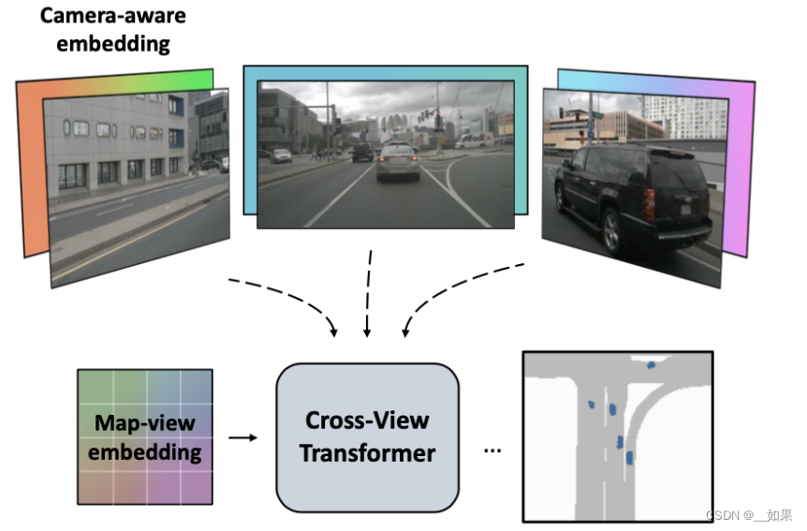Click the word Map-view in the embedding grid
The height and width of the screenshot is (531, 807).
pos(145,422)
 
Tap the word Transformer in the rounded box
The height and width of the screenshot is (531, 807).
pos(367,453)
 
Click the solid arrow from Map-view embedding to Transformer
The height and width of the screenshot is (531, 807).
pos(243,436)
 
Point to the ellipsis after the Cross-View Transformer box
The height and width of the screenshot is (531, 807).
pos(492,450)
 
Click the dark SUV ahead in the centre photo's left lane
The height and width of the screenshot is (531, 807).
pos(362,151)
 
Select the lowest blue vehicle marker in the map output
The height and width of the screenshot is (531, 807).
pos(629,457)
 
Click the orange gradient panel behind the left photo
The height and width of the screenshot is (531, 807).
pos(30,169)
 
